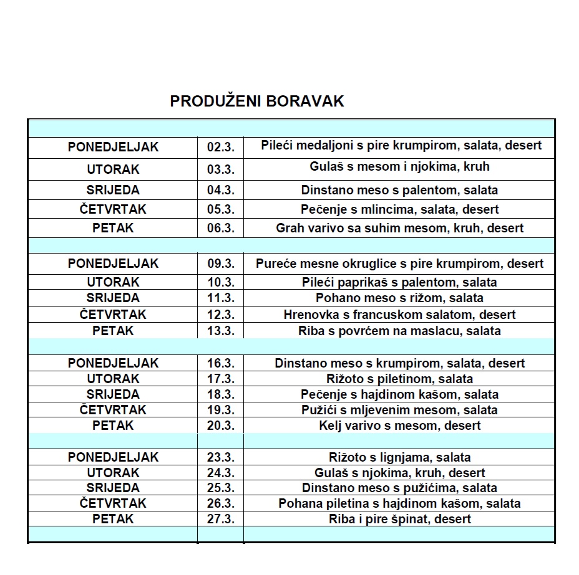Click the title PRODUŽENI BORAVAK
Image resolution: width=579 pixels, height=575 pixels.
coord(256,102)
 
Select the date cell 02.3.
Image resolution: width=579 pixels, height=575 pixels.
coord(220,148)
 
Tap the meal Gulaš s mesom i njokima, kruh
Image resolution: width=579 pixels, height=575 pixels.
coord(399,166)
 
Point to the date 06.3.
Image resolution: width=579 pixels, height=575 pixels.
coord(220,228)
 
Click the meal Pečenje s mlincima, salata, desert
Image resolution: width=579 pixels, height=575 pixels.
coord(399,209)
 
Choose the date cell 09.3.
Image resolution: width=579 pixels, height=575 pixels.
coord(220,264)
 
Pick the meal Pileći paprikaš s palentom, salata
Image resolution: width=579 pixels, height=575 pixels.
coord(399,282)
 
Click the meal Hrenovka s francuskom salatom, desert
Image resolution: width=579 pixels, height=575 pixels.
coord(399,315)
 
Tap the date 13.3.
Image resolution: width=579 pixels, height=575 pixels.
coord(220,331)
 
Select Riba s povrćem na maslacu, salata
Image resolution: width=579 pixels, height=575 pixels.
coord(399,331)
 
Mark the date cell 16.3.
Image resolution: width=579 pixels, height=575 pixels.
coord(220,363)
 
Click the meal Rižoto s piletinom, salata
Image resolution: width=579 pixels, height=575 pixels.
coord(399,379)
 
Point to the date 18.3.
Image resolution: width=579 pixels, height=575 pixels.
coord(220,394)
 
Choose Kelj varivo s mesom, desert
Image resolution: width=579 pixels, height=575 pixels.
coord(399,425)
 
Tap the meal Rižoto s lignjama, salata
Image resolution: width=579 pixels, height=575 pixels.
coord(399,457)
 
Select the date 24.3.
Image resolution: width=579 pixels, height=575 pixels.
coord(220,473)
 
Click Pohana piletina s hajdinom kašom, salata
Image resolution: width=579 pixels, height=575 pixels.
coord(399,503)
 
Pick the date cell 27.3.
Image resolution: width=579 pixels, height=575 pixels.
coord(220,519)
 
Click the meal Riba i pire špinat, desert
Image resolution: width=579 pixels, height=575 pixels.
coord(399,519)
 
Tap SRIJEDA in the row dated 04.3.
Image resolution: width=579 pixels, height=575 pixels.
coord(113,190)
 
